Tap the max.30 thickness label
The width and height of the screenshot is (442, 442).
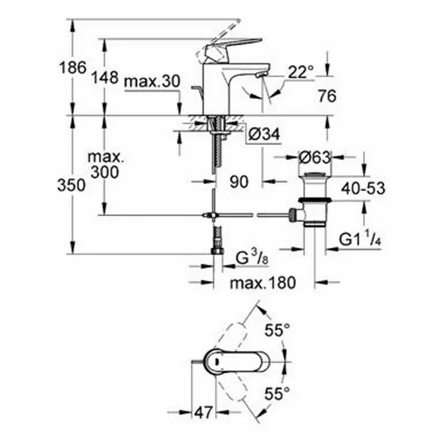tap(151, 81)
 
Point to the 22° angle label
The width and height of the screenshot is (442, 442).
tap(301, 71)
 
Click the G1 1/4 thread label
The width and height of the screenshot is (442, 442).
tap(361, 240)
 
